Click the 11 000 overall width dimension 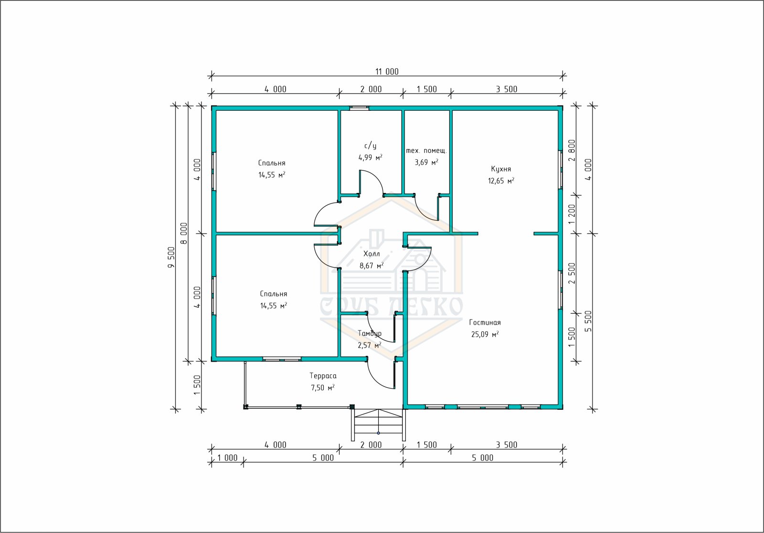(387, 72)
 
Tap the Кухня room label (501, 169)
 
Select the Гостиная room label (485, 322)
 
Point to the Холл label (371, 254)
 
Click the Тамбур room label (370, 333)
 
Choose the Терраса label (323, 376)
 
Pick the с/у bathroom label (371, 146)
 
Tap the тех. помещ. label (426, 150)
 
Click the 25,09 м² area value (485, 334)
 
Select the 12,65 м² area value (501, 181)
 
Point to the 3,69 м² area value (426, 162)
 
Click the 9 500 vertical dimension (171, 257)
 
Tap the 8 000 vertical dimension (184, 234)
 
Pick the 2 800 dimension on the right (572, 150)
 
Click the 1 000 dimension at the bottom (227, 458)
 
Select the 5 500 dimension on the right (589, 321)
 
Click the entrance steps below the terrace (378, 425)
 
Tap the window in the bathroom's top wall (359, 108)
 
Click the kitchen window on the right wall (560, 170)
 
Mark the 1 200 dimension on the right (572, 214)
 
